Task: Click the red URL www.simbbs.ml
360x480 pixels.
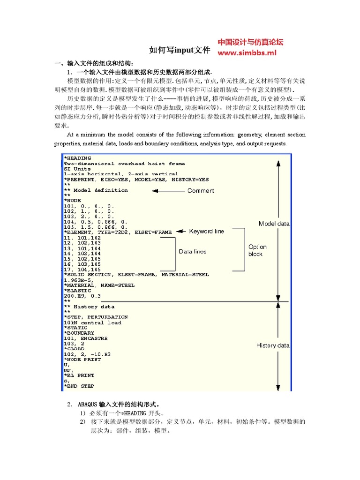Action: (x=247, y=53)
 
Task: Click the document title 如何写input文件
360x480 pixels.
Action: (x=180, y=50)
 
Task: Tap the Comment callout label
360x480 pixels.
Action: (x=201, y=191)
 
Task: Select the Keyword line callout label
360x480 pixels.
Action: (x=206, y=231)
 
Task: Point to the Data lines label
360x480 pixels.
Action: (x=192, y=252)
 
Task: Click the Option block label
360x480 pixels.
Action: (x=257, y=250)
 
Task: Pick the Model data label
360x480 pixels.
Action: (x=274, y=224)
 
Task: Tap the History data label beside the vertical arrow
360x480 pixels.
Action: (x=273, y=345)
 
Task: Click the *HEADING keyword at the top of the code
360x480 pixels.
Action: (x=78, y=158)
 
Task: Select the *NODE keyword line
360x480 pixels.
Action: (x=73, y=201)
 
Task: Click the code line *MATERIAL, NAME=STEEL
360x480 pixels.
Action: (x=99, y=285)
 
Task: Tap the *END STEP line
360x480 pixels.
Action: (x=79, y=386)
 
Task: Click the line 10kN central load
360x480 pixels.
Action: (x=92, y=322)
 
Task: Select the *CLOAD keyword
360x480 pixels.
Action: (x=74, y=349)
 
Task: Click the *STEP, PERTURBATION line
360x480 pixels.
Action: (x=96, y=317)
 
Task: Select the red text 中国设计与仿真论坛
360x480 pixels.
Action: (x=251, y=43)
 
